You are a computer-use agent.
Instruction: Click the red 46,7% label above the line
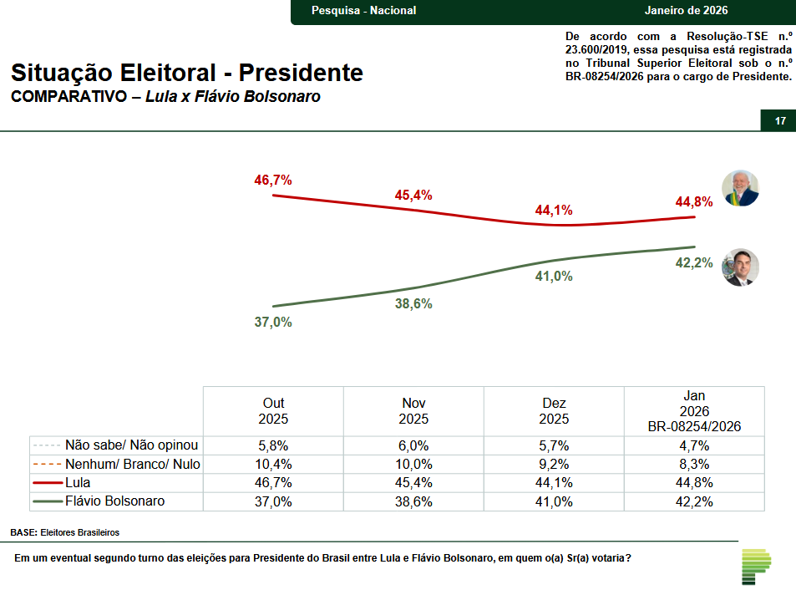point(273,181)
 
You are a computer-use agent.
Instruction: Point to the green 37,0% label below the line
point(273,322)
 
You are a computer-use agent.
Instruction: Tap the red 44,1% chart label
point(554,211)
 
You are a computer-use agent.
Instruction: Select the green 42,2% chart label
point(694,262)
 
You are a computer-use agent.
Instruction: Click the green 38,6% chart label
point(413,304)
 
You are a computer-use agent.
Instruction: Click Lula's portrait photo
point(740,188)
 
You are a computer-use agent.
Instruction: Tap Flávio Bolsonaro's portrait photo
point(740,267)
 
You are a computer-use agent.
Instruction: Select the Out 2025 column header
point(274,411)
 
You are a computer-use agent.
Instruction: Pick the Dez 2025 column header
point(555,411)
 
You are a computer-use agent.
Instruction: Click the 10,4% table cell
point(274,464)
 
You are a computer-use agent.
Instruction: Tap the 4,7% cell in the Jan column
point(694,445)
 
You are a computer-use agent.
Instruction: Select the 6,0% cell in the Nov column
point(414,445)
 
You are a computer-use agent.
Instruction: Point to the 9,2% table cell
point(555,464)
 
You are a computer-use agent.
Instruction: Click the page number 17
point(780,121)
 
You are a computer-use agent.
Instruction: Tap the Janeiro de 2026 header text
point(687,11)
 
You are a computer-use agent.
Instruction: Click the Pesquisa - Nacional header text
point(363,11)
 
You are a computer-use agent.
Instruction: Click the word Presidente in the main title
point(301,73)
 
